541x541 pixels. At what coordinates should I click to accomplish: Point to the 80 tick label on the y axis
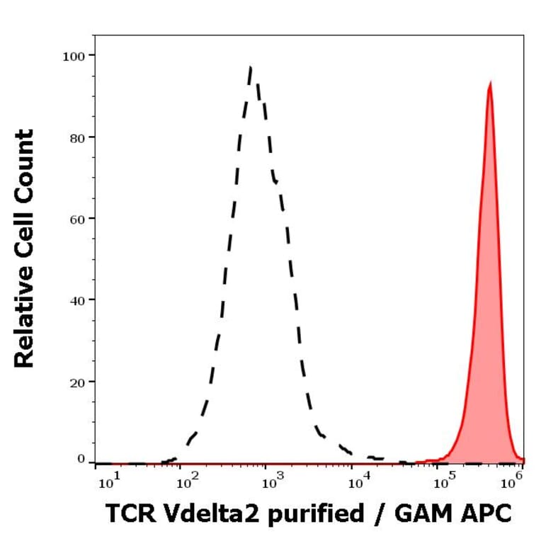point(77,137)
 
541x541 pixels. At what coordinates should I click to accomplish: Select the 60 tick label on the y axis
point(77,218)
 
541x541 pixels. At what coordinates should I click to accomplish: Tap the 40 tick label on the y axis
point(77,300)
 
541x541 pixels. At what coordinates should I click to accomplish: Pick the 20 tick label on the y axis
point(77,382)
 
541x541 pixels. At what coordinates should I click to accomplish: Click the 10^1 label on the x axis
point(107,483)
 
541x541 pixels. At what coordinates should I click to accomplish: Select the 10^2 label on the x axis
point(188,483)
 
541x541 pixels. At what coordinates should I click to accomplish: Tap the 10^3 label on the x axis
point(273,483)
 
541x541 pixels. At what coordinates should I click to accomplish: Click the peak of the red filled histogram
point(489,83)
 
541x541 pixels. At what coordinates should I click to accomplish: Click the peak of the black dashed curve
point(251,68)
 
